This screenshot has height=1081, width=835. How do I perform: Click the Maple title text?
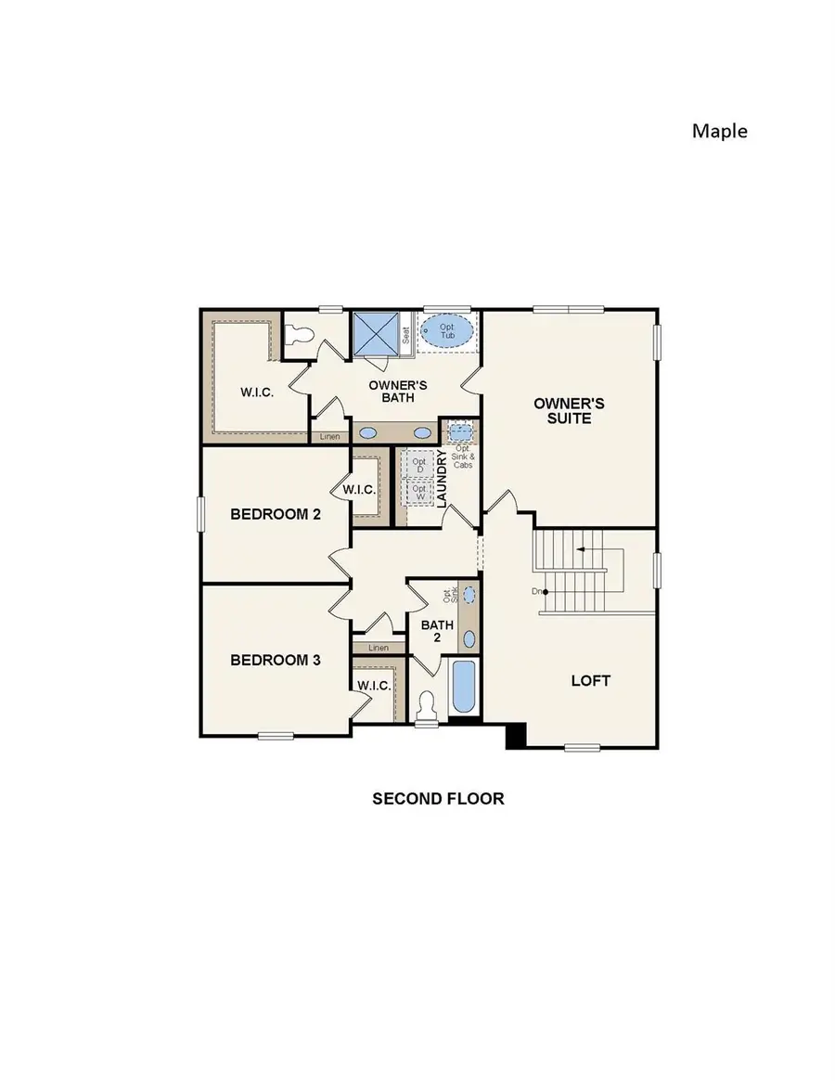[x=719, y=131]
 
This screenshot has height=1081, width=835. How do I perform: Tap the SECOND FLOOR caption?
[x=438, y=798]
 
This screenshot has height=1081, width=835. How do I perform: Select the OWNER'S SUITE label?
[x=569, y=411]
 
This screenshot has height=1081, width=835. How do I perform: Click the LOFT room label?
[x=590, y=680]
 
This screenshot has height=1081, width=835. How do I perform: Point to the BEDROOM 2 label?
[x=276, y=513]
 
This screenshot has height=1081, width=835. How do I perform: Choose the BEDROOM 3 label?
[x=276, y=660]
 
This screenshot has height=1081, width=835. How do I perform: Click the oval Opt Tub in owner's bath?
[x=447, y=331]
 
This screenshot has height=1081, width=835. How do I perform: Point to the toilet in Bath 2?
[x=426, y=706]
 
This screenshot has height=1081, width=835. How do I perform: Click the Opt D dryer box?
[x=418, y=463]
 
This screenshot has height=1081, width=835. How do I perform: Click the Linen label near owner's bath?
[x=329, y=436]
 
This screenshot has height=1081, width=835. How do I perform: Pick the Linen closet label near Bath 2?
[x=378, y=648]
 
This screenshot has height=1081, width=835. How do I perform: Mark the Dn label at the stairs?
[x=535, y=591]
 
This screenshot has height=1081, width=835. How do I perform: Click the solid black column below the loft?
[x=516, y=735]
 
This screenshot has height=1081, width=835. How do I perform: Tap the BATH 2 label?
[x=437, y=631]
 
